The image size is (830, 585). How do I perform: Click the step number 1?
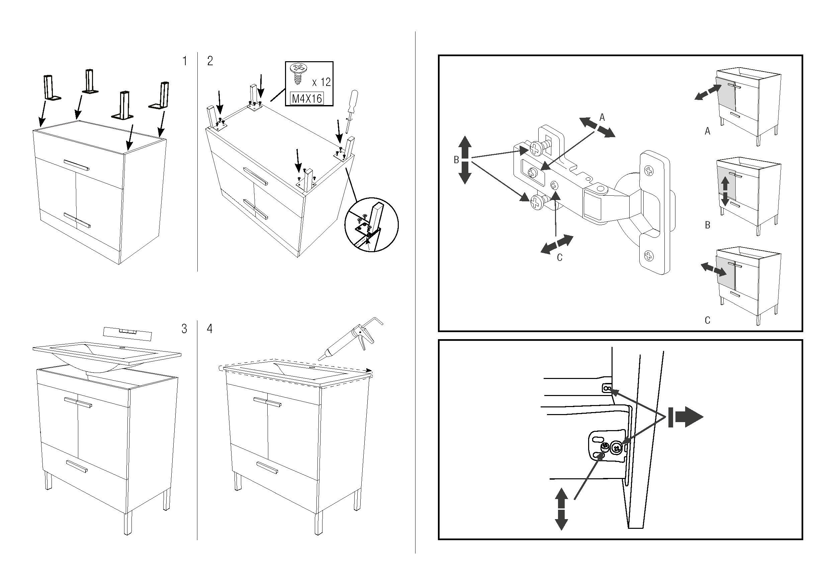click(x=185, y=61)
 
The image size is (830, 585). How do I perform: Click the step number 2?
click(x=210, y=61)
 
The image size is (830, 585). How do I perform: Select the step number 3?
click(x=184, y=329)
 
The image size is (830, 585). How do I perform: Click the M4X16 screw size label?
click(x=307, y=98)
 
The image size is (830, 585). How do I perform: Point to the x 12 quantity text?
click(x=321, y=82)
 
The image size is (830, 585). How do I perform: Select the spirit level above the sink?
click(x=127, y=331)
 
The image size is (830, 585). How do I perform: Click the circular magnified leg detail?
click(x=371, y=224)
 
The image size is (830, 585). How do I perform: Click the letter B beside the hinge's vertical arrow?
click(x=456, y=160)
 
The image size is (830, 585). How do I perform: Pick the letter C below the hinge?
click(x=560, y=258)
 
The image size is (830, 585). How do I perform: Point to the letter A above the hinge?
click(x=602, y=117)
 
